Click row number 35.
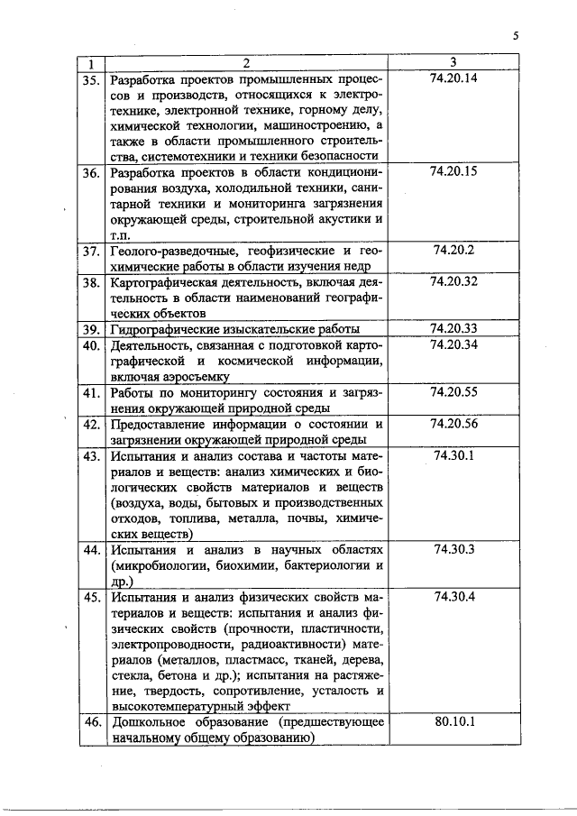click(91, 78)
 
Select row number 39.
click(91, 329)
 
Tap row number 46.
click(91, 722)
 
